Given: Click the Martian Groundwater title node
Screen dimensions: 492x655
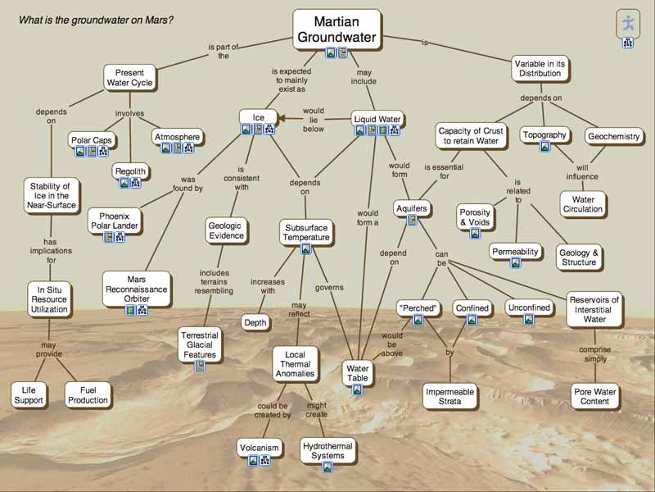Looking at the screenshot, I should point(337,30).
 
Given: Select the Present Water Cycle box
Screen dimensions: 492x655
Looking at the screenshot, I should point(129,78).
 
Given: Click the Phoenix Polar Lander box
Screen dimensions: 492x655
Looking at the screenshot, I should point(114,221).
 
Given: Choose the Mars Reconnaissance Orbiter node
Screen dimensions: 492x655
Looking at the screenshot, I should point(136,289).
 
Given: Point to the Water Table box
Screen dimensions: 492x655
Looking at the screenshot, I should point(358,374).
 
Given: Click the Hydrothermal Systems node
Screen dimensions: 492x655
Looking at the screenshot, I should point(327,450).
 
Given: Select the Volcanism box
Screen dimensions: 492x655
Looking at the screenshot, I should point(260,448).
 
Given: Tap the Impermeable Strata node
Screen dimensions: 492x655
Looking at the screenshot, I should point(449,397).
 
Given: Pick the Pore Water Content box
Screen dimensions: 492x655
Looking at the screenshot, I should point(594,396).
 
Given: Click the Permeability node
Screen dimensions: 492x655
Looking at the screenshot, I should point(515,252).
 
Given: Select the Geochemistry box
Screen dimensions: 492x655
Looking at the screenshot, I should point(612,136).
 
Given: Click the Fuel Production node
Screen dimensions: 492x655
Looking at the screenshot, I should point(88,394).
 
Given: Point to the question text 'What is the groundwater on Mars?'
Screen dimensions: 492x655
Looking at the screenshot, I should point(96,18).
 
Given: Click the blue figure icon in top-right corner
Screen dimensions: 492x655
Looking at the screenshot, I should point(627,23).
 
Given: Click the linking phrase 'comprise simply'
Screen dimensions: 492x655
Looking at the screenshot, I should point(595,354).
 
